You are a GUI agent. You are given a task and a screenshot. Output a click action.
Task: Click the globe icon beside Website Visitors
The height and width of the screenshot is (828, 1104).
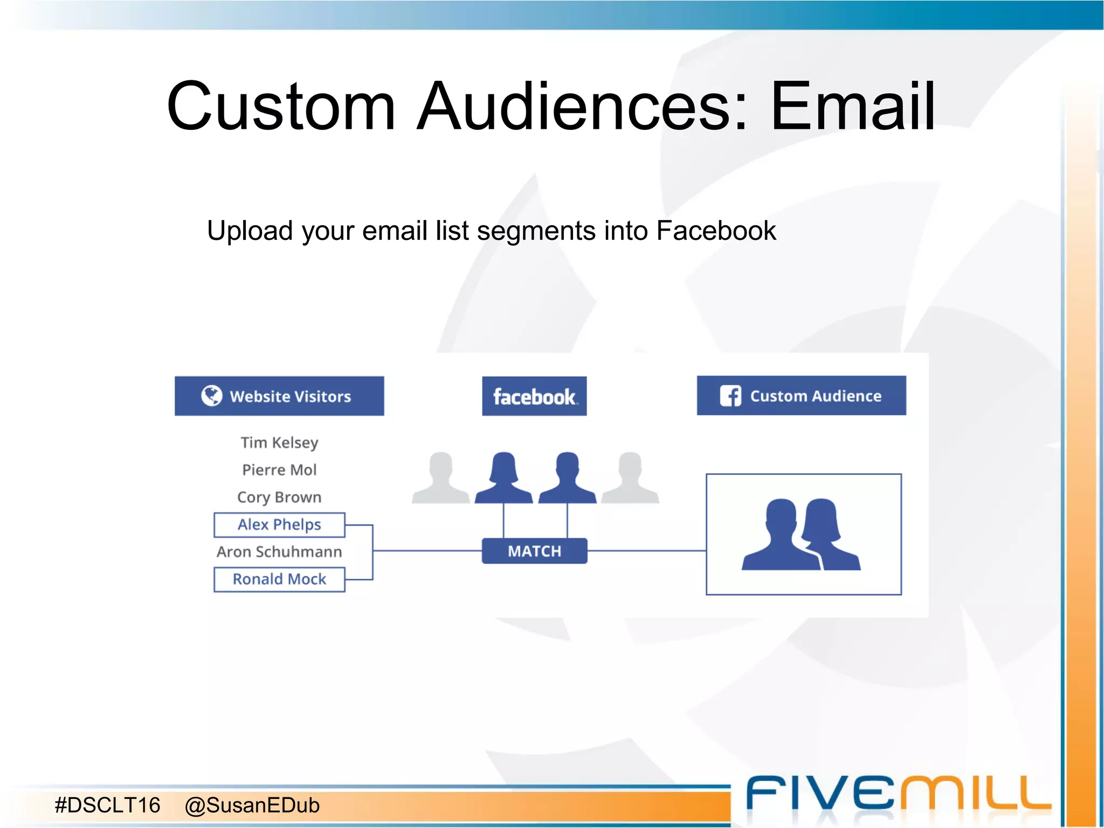pyautogui.click(x=211, y=396)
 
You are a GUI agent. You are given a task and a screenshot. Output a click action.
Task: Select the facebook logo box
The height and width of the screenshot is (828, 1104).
pyautogui.click(x=534, y=396)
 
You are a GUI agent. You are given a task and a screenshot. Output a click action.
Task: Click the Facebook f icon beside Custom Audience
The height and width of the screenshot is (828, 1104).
pyautogui.click(x=730, y=396)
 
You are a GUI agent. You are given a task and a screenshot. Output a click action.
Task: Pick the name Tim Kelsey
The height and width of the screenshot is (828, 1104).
pyautogui.click(x=279, y=443)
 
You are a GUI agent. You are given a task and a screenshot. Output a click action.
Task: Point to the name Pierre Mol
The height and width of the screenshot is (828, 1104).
pyautogui.click(x=279, y=470)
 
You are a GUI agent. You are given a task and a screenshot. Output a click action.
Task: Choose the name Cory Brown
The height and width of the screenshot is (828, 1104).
pyautogui.click(x=279, y=497)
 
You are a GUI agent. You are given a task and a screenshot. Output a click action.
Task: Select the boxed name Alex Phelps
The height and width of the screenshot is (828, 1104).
pyautogui.click(x=279, y=525)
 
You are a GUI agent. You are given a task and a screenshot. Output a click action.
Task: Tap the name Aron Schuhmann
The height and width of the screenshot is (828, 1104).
pyautogui.click(x=279, y=552)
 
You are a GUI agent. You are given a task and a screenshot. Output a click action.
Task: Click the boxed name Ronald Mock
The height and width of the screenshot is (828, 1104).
pyautogui.click(x=279, y=579)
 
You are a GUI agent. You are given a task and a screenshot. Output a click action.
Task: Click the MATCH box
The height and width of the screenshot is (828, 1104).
pyautogui.click(x=534, y=551)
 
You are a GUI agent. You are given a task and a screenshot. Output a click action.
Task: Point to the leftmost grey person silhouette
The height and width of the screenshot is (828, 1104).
pyautogui.click(x=440, y=478)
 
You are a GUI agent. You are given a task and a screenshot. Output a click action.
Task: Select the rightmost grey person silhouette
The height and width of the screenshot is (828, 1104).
pyautogui.click(x=630, y=478)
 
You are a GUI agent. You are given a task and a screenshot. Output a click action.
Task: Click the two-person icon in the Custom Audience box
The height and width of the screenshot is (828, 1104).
pyautogui.click(x=802, y=534)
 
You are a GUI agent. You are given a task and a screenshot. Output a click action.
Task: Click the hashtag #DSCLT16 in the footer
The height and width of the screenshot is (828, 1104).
pyautogui.click(x=108, y=805)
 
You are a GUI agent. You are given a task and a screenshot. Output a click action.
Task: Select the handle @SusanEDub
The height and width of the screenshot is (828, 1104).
pyautogui.click(x=252, y=805)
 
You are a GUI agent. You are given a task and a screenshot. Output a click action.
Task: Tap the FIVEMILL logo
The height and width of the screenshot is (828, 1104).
pyautogui.click(x=898, y=794)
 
